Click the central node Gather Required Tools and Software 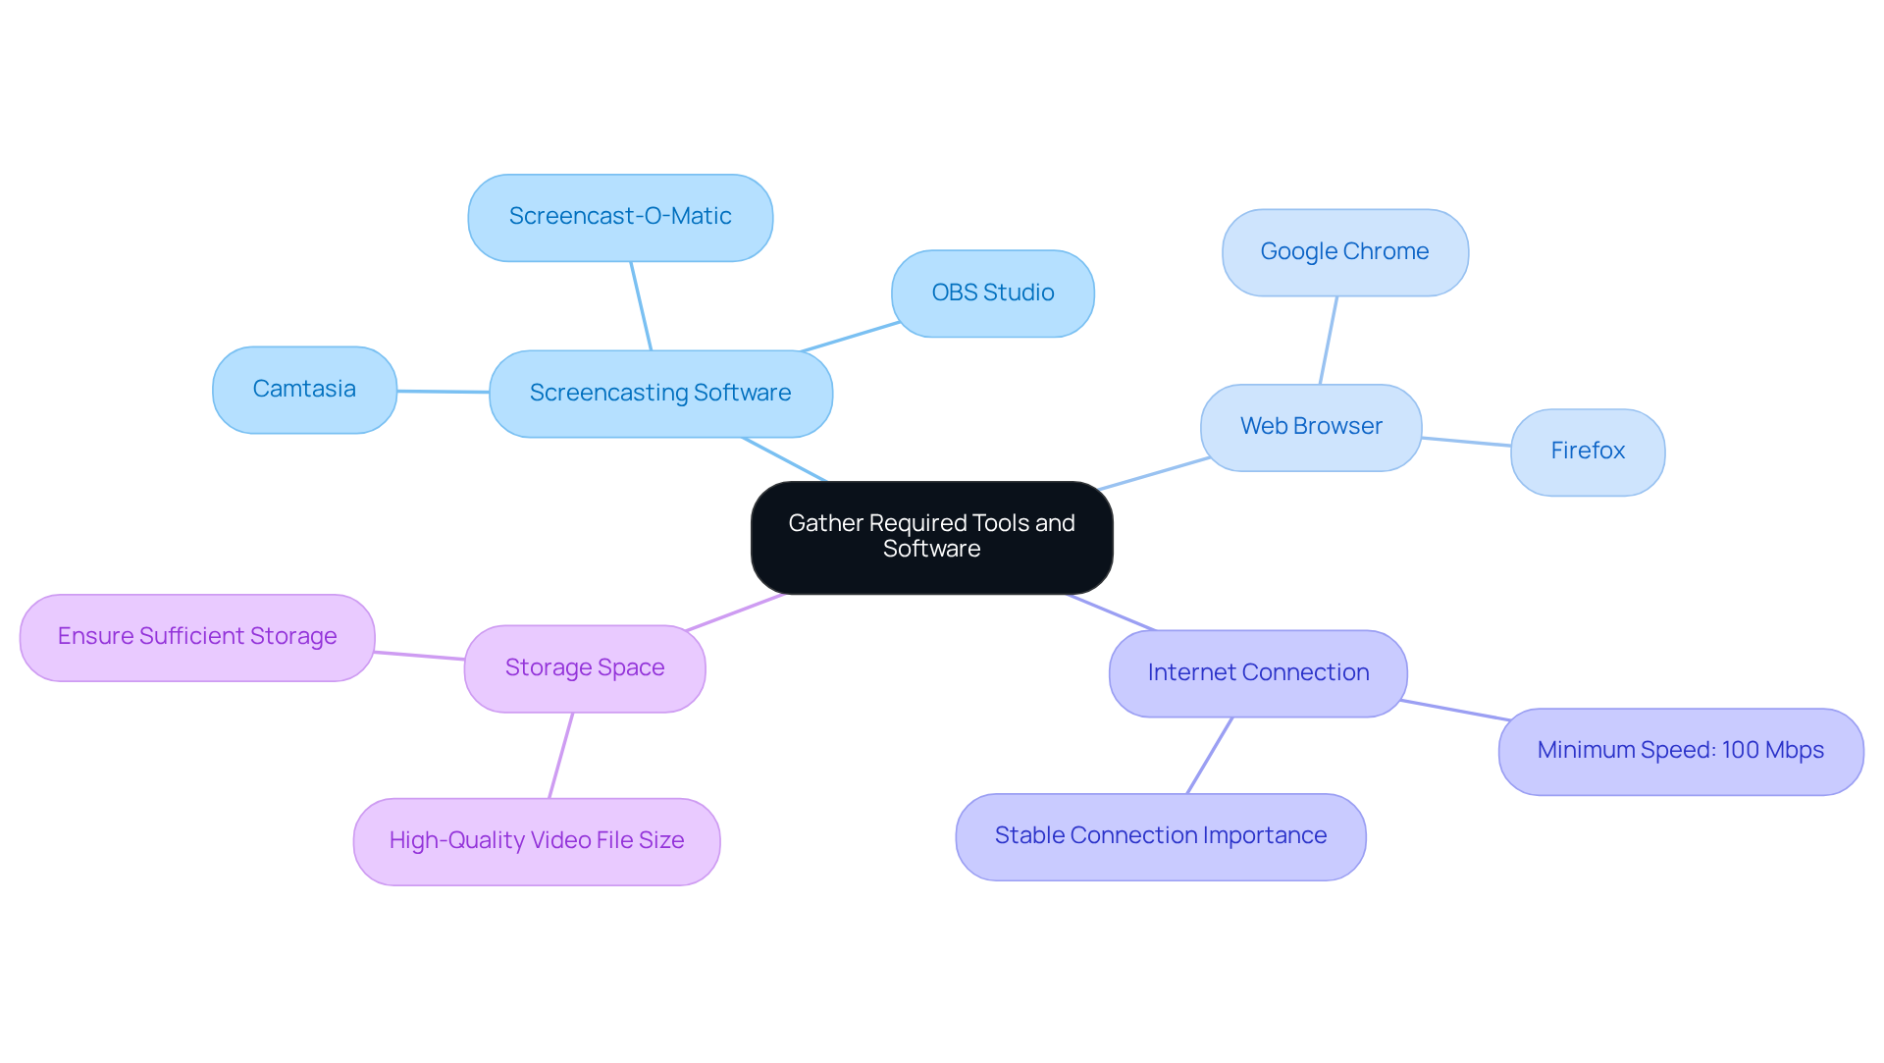tap(931, 537)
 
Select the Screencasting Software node tap(660, 393)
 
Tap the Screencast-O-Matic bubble tap(620, 217)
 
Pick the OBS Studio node tap(992, 292)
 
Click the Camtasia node tap(304, 389)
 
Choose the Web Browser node tap(1311, 426)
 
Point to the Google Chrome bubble tap(1344, 251)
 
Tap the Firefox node tap(1587, 451)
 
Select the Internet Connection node tap(1258, 672)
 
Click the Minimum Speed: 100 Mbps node tap(1680, 751)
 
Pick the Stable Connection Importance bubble tap(1160, 835)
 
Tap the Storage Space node tap(585, 667)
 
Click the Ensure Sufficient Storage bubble tap(197, 636)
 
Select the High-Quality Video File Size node tap(536, 840)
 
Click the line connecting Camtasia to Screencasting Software tap(444, 392)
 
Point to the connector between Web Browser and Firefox tap(1466, 442)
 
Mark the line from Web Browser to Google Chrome tap(1329, 340)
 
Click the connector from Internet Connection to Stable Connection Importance tap(1209, 756)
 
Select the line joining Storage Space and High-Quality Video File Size tap(560, 756)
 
